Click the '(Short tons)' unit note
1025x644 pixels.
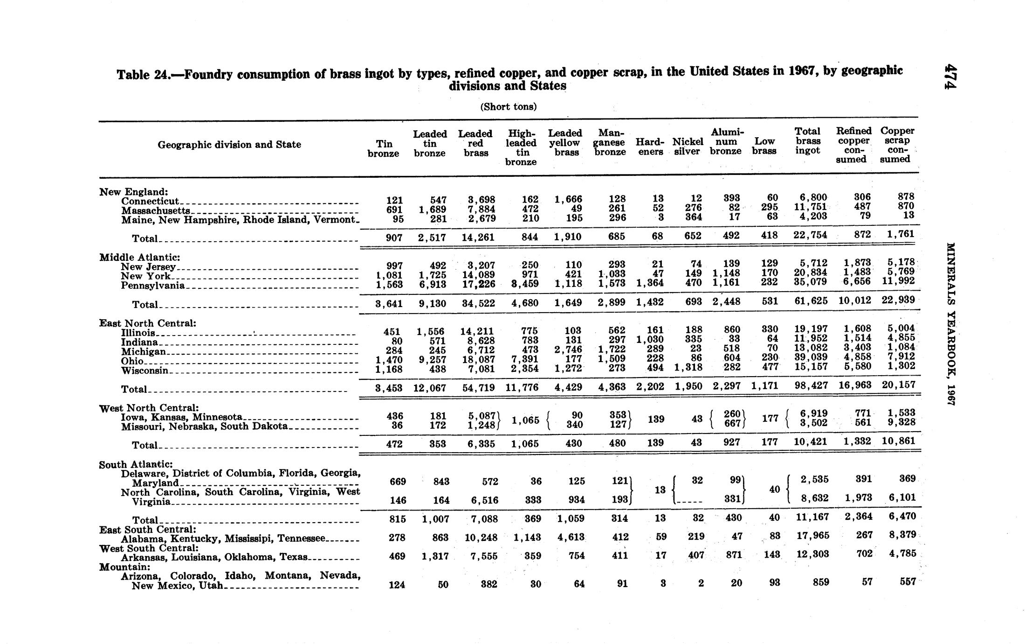click(509, 107)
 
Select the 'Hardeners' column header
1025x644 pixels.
click(650, 147)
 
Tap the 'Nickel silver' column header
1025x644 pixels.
click(688, 147)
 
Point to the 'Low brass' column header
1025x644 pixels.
click(764, 146)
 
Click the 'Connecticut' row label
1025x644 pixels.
click(150, 201)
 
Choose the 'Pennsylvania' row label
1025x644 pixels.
click(153, 285)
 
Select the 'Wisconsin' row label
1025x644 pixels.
click(144, 371)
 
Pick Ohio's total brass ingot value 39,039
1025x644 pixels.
click(811, 359)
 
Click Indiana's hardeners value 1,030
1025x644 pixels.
click(650, 340)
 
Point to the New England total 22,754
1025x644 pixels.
click(810, 235)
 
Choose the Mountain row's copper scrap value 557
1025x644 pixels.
click(908, 582)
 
